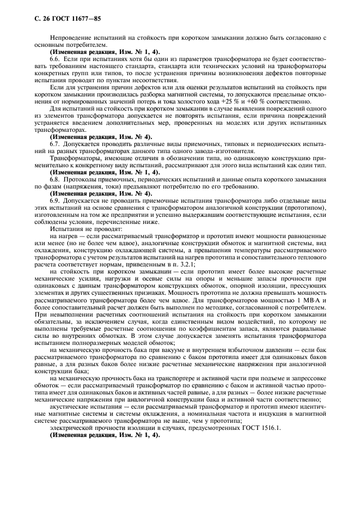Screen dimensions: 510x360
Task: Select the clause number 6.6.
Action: pos(56,57)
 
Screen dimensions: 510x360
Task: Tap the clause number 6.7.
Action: pos(56,143)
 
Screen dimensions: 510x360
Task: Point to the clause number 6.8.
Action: pos(56,179)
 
